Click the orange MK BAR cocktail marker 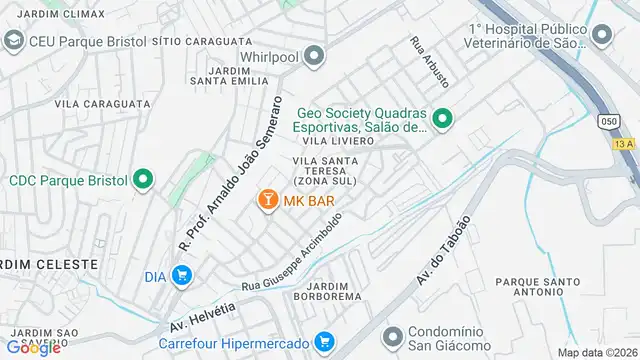tap(268, 201)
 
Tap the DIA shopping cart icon tap(181, 275)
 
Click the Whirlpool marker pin tap(315, 56)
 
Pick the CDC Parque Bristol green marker tap(143, 181)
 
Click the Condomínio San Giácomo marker tap(392, 334)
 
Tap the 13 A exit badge tap(624, 145)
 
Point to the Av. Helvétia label tap(203, 316)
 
